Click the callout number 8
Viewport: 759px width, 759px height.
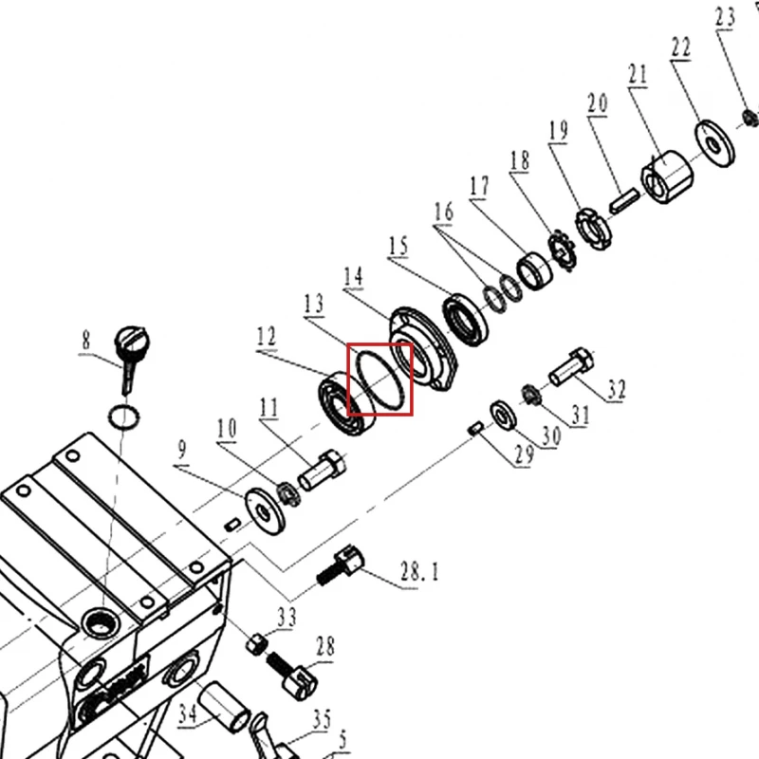(x=85, y=341)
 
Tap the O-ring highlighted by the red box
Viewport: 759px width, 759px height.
(x=380, y=379)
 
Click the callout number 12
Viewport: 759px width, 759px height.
(x=267, y=337)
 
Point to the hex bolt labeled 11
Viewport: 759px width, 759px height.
(x=322, y=471)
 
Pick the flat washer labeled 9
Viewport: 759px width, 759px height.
(x=266, y=511)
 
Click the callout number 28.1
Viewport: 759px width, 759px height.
(x=419, y=572)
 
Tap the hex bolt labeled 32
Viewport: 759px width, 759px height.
(x=571, y=366)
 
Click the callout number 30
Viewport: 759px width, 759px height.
(x=551, y=436)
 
